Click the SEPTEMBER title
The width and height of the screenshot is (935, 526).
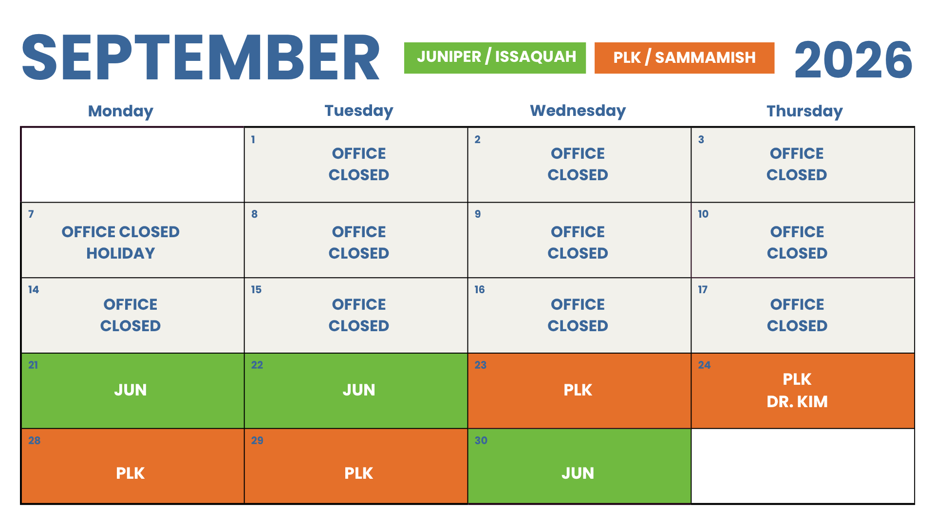201,57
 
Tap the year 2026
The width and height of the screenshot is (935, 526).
853,59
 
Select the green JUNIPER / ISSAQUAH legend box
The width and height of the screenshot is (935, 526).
495,58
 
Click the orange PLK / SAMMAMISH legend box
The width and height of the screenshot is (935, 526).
684,58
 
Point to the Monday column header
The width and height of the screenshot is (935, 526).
121,112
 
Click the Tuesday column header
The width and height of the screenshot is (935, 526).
359,111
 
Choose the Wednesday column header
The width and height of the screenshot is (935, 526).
578,111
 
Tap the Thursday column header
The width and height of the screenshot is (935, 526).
804,112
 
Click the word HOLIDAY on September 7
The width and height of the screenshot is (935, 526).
121,253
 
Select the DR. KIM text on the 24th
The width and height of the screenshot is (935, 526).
797,402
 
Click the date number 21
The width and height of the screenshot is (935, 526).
33,365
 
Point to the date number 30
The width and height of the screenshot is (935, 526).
481,441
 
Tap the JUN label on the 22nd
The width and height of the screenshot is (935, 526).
359,390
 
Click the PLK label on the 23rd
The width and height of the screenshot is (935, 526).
578,390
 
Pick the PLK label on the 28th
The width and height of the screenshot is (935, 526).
131,473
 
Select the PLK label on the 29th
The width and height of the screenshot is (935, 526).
359,473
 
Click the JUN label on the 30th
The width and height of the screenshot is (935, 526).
578,473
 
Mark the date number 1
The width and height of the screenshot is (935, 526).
253,140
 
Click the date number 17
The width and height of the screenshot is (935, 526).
703,290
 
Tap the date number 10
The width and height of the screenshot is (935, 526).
703,214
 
